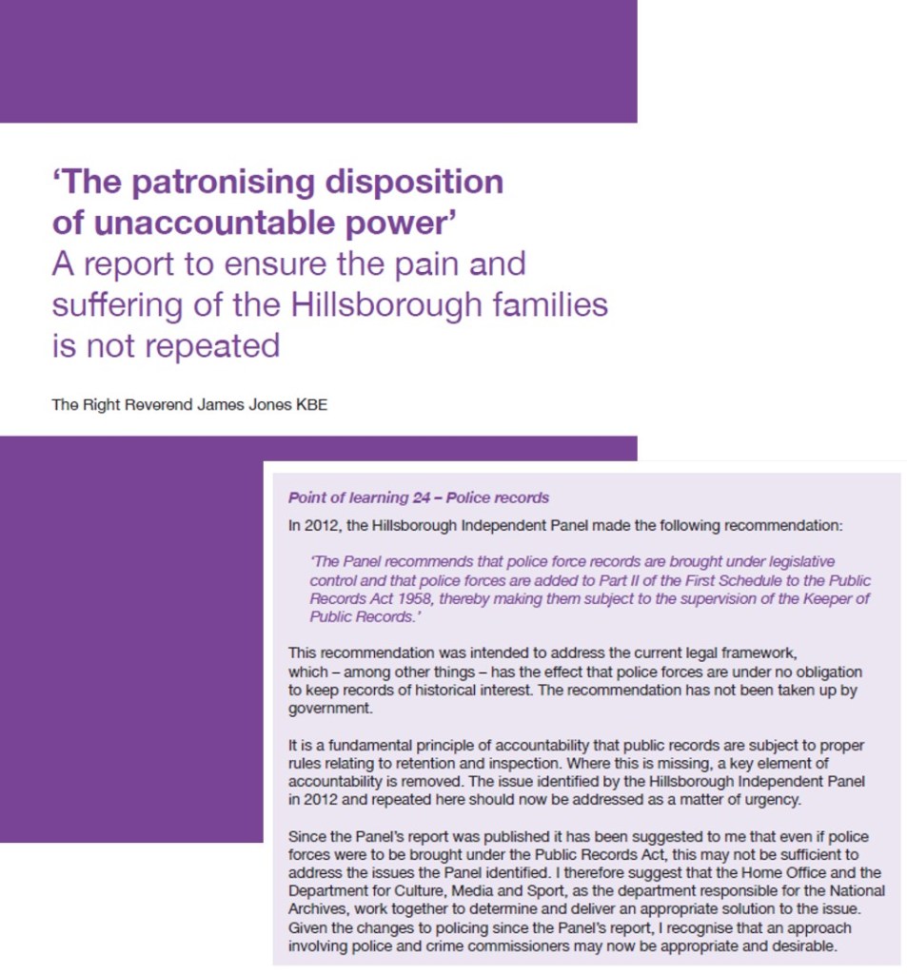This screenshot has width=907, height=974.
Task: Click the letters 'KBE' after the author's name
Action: [x=312, y=405]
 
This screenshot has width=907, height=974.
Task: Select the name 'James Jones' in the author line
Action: [x=240, y=405]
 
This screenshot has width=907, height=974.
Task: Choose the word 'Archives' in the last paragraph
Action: [x=316, y=908]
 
